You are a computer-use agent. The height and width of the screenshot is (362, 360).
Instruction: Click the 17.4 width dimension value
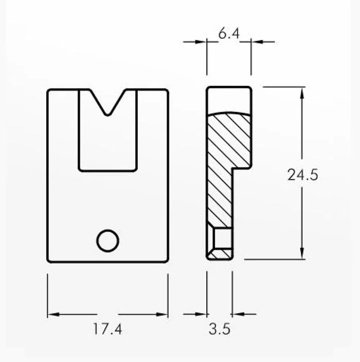(107, 329)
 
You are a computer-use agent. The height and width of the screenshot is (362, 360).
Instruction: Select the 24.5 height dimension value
(303, 175)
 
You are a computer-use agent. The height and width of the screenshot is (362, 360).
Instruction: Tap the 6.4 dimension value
(229, 33)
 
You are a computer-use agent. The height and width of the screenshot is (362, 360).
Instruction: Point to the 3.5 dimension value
(220, 329)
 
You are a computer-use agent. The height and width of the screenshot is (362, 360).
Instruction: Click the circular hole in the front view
(107, 240)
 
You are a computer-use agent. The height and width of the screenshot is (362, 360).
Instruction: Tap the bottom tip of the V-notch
(107, 115)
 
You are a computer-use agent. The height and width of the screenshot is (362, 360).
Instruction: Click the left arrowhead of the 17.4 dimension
(53, 314)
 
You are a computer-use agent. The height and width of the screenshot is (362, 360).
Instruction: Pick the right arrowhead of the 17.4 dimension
(162, 314)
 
